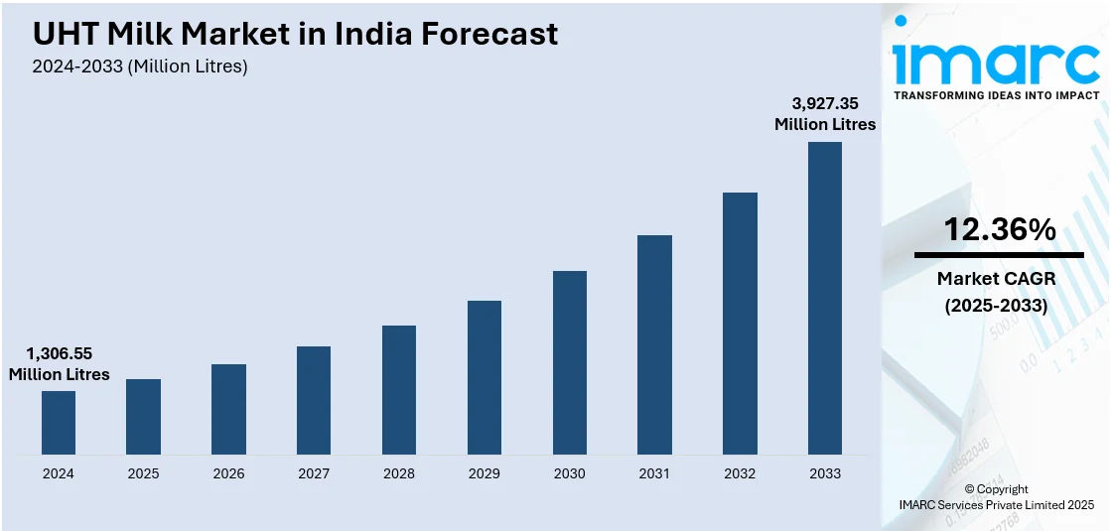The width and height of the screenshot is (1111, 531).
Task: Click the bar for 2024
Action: [59, 423]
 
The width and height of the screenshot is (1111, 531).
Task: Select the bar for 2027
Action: [314, 400]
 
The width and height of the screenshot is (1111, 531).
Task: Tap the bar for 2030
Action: [570, 362]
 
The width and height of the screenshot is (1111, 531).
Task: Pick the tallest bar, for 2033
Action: [825, 298]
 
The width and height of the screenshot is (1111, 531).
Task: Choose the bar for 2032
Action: [740, 323]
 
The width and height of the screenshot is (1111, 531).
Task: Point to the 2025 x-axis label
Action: [144, 473]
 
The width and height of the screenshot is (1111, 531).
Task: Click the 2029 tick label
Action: [485, 473]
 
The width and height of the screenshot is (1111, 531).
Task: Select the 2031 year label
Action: [655, 473]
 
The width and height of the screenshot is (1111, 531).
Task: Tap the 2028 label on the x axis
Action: [399, 473]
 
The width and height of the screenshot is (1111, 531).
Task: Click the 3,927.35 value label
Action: [825, 102]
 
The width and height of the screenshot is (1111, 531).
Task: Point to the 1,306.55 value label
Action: [60, 353]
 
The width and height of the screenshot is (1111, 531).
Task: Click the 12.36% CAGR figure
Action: [999, 230]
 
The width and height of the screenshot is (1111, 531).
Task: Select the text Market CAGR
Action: [996, 279]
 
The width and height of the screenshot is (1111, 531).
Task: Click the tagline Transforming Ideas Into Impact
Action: [997, 95]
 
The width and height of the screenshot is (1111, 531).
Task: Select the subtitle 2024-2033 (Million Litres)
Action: [140, 66]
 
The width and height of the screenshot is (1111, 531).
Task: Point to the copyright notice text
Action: [996, 497]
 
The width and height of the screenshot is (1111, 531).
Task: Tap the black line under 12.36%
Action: [999, 255]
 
